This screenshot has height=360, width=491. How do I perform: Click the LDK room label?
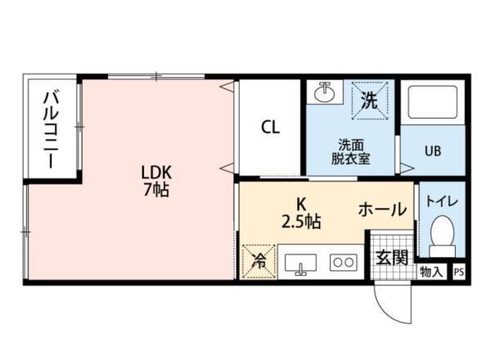point(156,172)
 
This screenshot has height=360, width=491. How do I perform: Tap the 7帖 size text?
point(156,189)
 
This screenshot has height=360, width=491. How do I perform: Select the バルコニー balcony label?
point(52,129)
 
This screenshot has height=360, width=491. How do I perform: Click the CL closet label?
point(270,128)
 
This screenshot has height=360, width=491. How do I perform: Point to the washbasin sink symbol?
point(324,92)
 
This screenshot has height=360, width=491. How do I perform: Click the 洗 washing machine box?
point(370,101)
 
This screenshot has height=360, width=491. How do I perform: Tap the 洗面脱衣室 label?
point(351,152)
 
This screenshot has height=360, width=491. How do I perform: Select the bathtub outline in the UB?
point(433,102)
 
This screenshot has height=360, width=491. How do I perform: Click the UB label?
point(433,151)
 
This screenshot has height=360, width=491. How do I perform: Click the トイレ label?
point(442,201)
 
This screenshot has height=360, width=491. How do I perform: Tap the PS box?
point(459,272)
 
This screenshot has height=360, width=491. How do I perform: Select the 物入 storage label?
point(431,272)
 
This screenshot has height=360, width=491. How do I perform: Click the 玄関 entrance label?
point(392,258)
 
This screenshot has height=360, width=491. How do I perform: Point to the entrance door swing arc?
point(388,311)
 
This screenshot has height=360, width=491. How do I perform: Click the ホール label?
point(383,209)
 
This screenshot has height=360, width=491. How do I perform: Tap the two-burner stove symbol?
point(344,263)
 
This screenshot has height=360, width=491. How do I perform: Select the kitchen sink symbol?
point(300,264)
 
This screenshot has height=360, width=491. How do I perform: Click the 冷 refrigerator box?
point(259,262)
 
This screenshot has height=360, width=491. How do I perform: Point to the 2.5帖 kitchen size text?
point(301,222)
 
